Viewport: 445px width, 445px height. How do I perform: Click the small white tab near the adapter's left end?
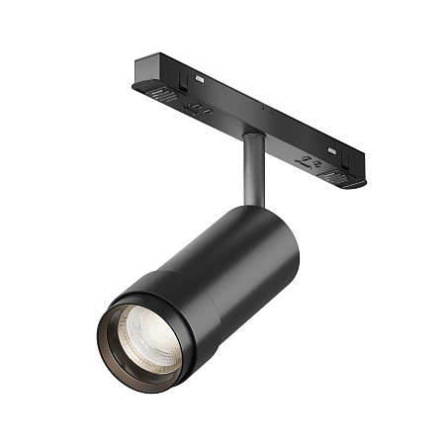click(x=201, y=76)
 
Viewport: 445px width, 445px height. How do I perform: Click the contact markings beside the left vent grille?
click(x=200, y=111)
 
